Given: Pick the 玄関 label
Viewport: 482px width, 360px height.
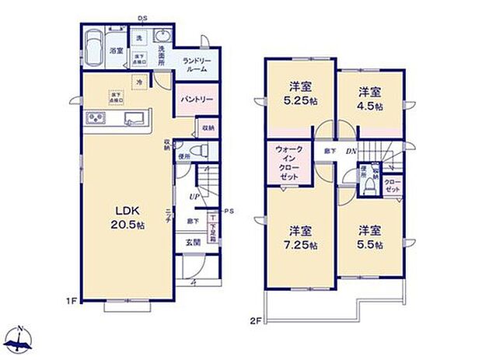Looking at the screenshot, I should point(193,243).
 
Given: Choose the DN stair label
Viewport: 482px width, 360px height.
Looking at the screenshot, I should point(351,152).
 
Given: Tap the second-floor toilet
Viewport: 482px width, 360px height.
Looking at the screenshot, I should point(370,184).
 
